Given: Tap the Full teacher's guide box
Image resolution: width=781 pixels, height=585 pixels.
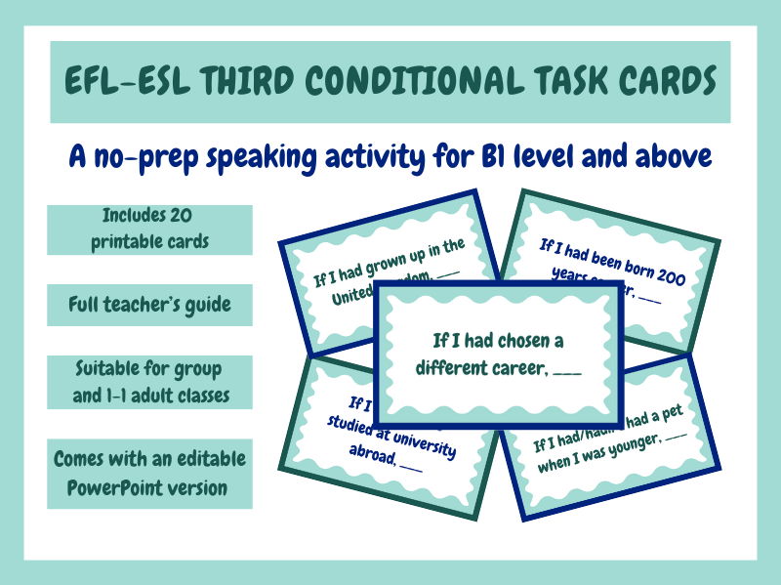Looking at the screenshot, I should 149,306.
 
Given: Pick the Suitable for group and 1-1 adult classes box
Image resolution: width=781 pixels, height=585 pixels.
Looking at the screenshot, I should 149,382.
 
